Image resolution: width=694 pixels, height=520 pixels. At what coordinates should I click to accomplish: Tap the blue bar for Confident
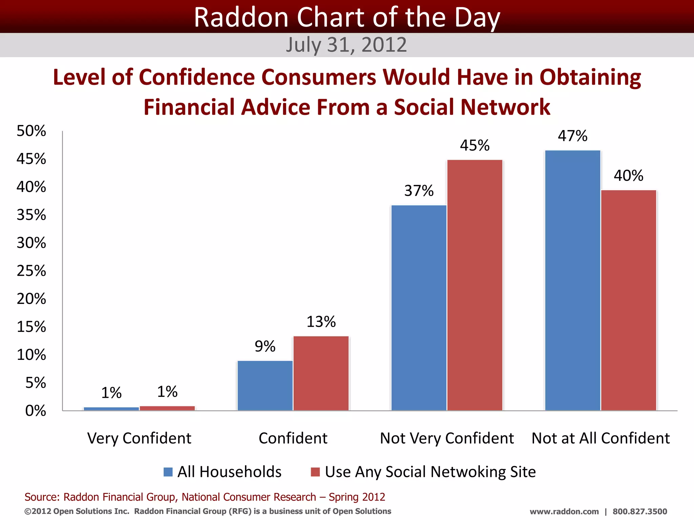coord(265,386)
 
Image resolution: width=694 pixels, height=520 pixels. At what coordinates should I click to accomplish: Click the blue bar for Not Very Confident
coord(419,308)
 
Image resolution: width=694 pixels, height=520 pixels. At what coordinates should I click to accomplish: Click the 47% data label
coord(573,136)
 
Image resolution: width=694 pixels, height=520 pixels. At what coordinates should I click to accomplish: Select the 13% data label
coord(321,322)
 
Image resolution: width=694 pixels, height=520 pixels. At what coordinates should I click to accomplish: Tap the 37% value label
coord(419,191)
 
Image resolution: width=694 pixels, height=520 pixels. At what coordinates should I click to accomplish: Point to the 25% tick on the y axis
coord(32,271)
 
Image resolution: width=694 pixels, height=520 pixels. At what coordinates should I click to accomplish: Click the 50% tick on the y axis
coord(32,131)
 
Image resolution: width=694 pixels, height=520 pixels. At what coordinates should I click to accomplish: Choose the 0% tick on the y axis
coord(36,411)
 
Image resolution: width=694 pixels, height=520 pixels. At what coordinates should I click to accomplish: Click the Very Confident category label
coord(139,438)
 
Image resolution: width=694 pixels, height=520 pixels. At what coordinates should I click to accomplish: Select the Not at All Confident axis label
coord(600,438)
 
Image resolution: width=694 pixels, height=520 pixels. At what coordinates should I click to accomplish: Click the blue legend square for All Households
coord(168,472)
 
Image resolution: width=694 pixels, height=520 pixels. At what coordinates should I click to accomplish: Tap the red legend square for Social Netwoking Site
coord(315,472)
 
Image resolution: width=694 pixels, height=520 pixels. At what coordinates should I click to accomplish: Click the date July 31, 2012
coord(346,45)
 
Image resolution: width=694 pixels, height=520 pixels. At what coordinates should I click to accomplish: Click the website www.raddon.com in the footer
coord(564,512)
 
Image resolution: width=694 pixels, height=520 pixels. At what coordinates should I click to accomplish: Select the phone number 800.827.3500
coord(640,512)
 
